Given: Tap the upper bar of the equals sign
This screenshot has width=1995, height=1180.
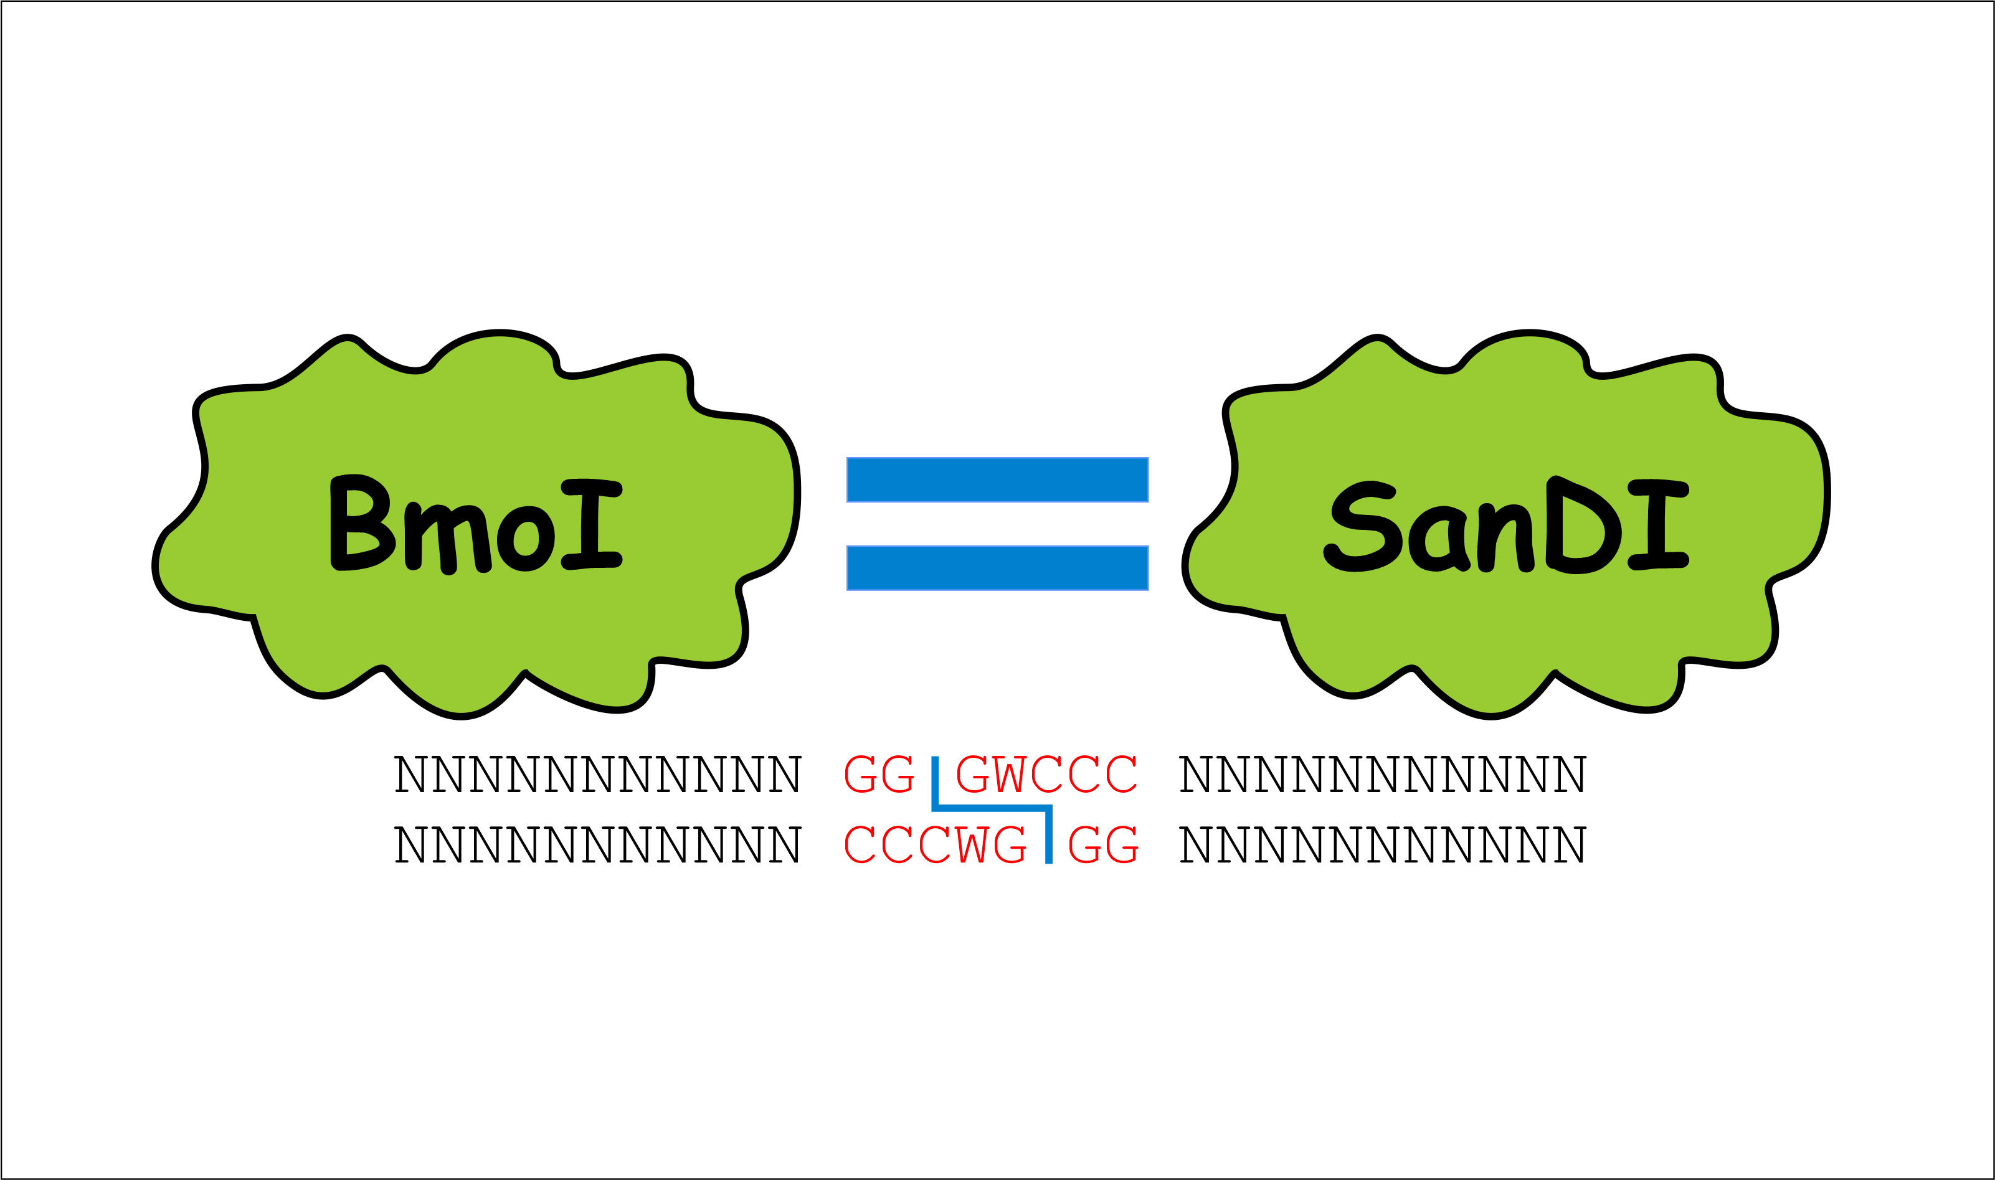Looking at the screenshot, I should pos(997,479).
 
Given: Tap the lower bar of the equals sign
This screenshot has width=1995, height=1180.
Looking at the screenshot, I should pos(997,568).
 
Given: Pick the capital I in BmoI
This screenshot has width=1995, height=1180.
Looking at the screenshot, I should pos(591,524).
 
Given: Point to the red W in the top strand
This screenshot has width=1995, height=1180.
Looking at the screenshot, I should pos(1009,773).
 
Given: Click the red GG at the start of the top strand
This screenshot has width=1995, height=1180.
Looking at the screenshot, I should pos(879,773).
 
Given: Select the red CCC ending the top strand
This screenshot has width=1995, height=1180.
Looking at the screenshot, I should pos(1084,773).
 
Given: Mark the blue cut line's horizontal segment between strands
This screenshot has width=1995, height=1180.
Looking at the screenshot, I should pos(992,809).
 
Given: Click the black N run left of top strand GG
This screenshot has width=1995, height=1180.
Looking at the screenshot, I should pos(598,773).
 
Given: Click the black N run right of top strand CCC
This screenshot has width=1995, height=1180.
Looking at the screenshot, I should pos(1383,773).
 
